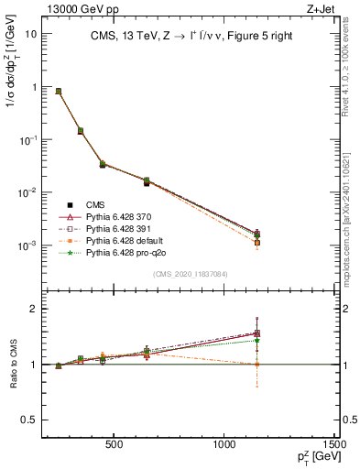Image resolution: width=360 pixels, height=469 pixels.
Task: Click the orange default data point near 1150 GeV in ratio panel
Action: [256, 365]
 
